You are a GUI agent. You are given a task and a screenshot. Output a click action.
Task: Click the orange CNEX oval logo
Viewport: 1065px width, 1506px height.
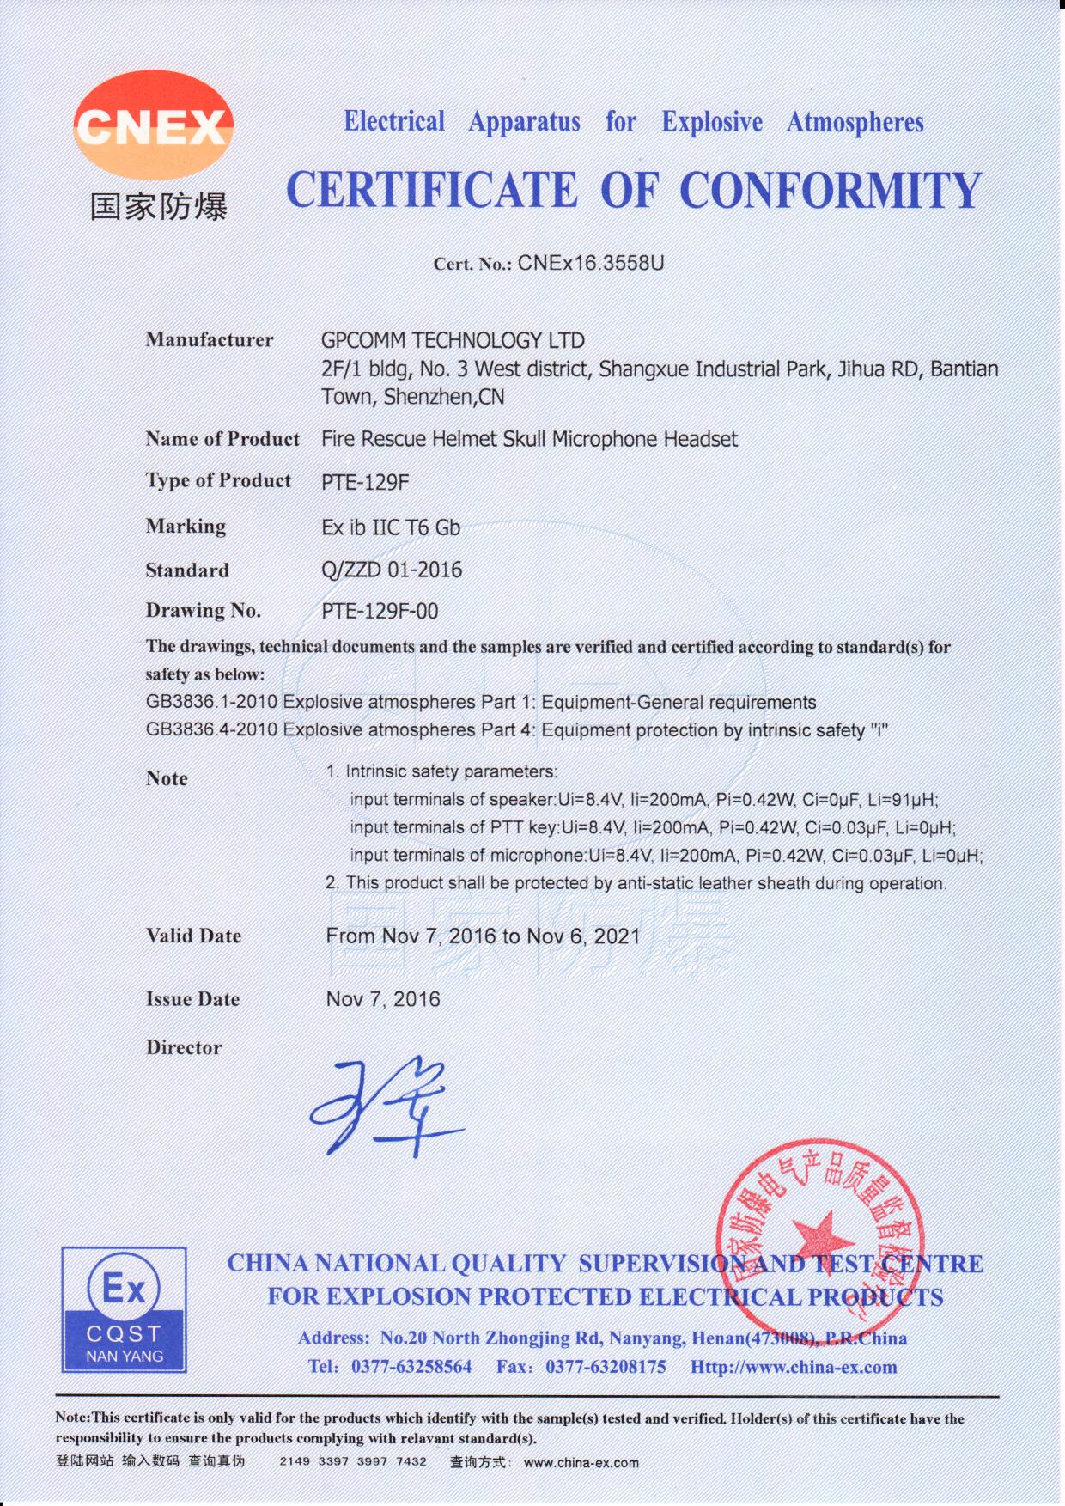(x=153, y=125)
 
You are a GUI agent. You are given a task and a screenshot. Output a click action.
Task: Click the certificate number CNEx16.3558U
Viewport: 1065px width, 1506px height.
(x=591, y=263)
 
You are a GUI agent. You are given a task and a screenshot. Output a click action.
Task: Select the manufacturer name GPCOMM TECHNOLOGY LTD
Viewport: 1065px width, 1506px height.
(x=453, y=341)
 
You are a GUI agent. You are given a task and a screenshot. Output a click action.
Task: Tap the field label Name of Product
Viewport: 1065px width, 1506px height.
(x=222, y=439)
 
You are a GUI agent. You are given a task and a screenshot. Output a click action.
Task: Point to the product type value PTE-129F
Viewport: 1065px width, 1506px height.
(x=365, y=482)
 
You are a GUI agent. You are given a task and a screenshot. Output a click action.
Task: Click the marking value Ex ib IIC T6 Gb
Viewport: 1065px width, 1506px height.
(x=391, y=527)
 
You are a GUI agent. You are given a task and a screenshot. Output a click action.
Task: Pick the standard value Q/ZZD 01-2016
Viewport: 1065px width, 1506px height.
(x=392, y=570)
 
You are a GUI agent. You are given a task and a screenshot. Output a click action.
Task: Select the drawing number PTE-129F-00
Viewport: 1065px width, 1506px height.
(x=380, y=611)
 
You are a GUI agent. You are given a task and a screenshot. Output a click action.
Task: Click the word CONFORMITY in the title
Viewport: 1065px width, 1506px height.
(x=830, y=190)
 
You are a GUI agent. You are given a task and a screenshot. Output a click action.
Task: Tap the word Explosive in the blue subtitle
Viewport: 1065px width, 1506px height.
(x=711, y=122)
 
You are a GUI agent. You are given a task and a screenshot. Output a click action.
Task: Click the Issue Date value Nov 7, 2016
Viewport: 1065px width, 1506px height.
(x=383, y=999)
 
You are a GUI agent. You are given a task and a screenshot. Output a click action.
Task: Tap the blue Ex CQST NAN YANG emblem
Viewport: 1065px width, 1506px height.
(x=125, y=1309)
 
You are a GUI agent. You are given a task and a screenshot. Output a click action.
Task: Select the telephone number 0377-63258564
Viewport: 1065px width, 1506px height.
(x=411, y=1367)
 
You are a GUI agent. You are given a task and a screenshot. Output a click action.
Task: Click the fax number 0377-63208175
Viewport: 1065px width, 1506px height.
(x=606, y=1367)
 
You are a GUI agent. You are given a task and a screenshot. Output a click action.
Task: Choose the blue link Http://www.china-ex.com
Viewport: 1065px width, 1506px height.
(x=794, y=1367)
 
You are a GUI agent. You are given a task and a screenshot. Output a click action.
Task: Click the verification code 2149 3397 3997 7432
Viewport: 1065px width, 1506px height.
(x=353, y=1461)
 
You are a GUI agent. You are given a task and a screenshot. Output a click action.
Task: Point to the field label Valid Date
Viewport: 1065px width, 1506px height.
(x=193, y=936)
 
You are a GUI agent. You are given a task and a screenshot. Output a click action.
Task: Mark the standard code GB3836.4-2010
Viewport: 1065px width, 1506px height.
(x=211, y=729)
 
